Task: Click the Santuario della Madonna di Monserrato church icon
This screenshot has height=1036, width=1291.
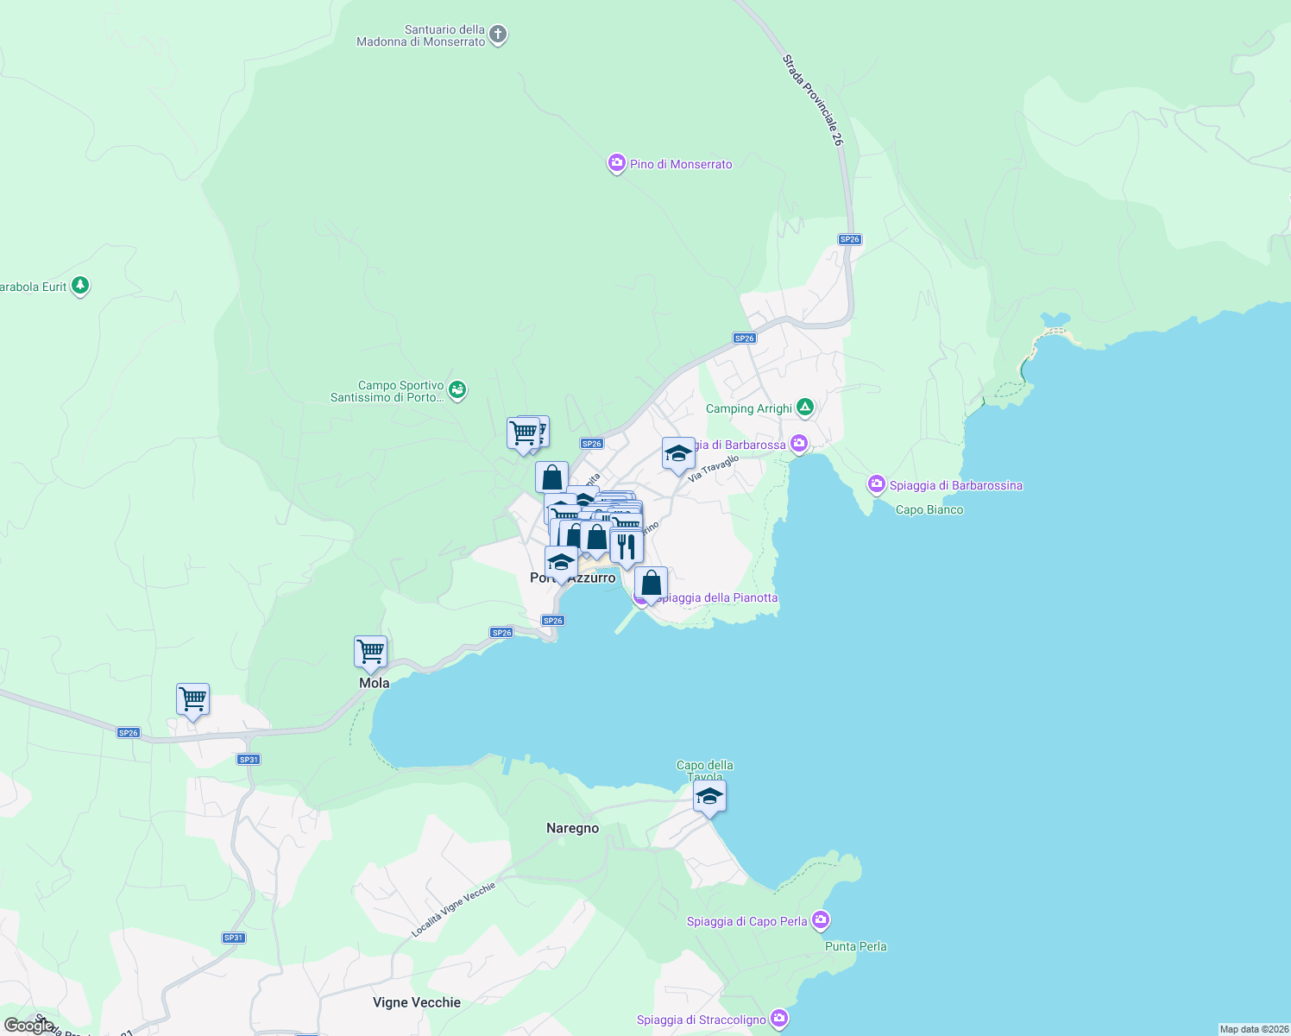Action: point(498,35)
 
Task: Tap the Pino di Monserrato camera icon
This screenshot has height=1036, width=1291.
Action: point(616,164)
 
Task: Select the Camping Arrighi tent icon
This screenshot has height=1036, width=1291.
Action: point(805,407)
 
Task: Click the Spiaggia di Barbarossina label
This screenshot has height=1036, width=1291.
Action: point(955,485)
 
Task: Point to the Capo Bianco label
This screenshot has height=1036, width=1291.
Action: point(929,510)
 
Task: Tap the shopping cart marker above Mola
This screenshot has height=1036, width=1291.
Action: point(370,653)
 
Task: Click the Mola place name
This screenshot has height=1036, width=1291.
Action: point(375,683)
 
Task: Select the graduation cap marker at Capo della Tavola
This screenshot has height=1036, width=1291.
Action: point(709,797)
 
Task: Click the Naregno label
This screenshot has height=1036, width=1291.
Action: point(572,828)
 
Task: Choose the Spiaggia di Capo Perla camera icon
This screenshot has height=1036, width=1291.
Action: point(821,920)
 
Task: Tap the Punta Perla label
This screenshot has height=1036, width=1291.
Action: point(855,946)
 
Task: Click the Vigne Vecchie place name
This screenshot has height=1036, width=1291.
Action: point(417,1002)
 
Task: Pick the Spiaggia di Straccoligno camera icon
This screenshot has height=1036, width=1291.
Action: point(779,1020)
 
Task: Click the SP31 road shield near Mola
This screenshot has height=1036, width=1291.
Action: point(249,760)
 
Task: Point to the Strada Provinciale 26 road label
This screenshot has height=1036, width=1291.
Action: point(812,100)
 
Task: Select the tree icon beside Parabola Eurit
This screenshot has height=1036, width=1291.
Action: point(80,286)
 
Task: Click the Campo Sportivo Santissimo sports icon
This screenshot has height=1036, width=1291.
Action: point(457,391)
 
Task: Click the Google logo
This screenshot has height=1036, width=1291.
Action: point(29,1025)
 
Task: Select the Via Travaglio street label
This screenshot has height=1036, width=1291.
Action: point(714,469)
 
